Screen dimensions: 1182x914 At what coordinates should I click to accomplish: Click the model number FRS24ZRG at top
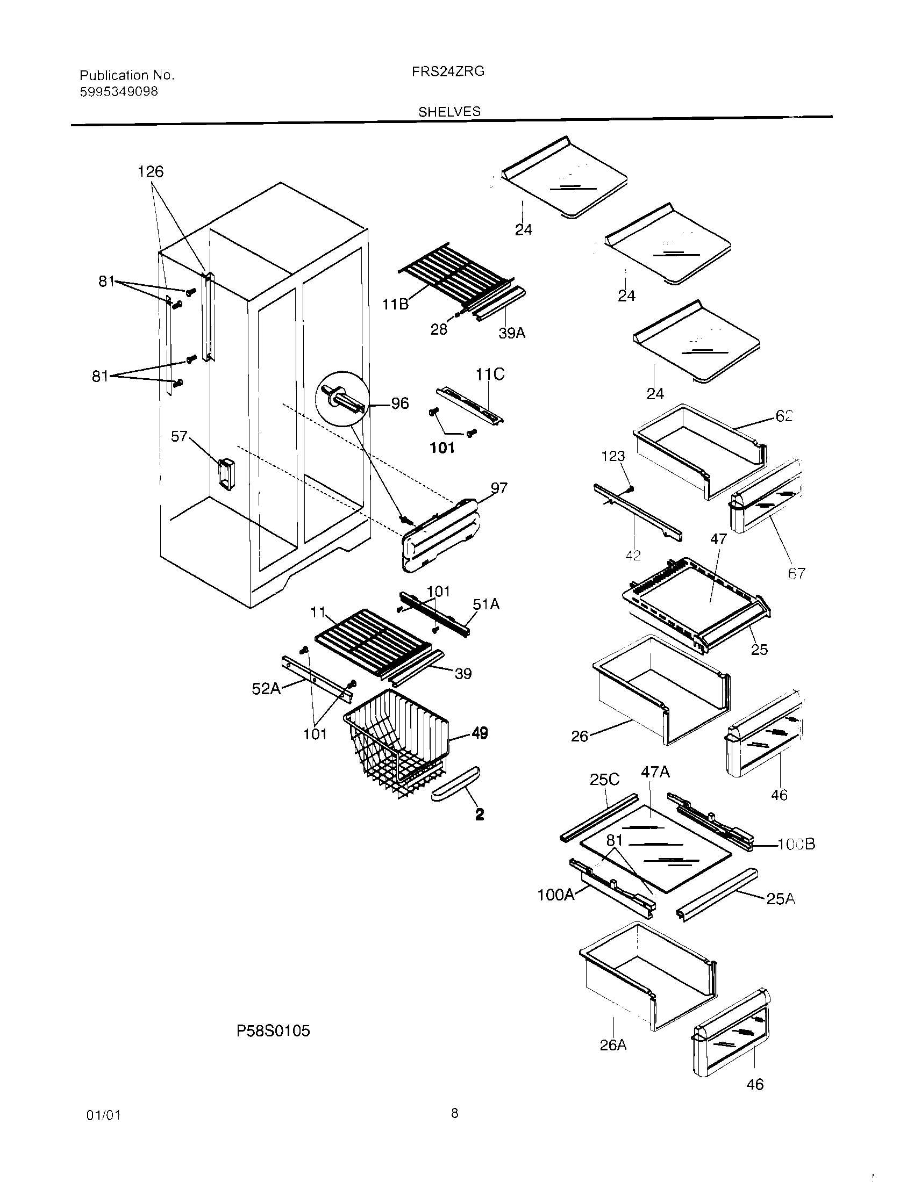coord(448,71)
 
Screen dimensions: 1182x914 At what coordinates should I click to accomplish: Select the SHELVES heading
coord(449,112)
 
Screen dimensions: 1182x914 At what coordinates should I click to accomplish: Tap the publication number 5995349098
coord(119,92)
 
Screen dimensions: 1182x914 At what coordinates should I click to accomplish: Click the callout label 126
coord(150,171)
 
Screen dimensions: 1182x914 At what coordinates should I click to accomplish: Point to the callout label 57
coord(179,436)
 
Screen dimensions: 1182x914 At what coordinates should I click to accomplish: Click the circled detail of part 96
coord(341,399)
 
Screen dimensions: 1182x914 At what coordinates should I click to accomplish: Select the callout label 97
coord(499,488)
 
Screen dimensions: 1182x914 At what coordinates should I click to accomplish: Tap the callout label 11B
coord(395,305)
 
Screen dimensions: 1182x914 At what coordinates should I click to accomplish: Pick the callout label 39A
coord(512,334)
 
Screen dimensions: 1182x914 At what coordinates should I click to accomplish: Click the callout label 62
coord(783,416)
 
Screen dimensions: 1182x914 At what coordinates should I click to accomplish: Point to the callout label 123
coord(613,456)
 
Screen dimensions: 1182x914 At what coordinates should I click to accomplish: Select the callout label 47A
coord(655,772)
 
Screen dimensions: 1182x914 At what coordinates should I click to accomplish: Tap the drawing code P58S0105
coord(274,1031)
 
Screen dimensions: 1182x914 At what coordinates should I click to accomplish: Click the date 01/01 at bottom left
coord(103,1115)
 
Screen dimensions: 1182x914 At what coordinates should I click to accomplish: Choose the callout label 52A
coord(266,689)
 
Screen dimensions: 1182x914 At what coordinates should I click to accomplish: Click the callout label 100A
coord(555,895)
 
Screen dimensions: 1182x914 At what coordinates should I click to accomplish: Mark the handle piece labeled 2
coord(455,791)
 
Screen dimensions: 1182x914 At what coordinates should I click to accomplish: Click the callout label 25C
coord(604,780)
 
